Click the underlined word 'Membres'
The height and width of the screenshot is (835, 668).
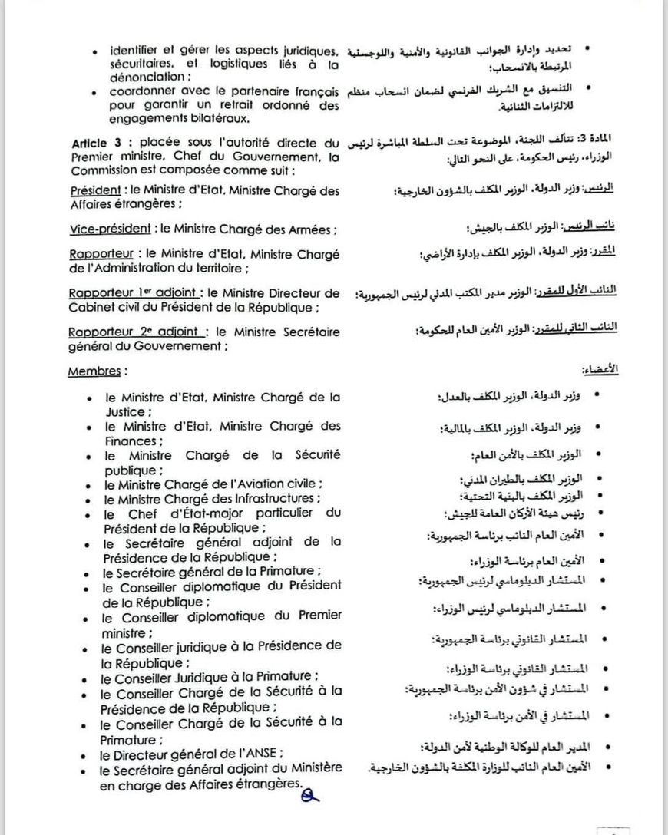pos(94,371)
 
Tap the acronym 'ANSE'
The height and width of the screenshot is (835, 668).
pos(261,754)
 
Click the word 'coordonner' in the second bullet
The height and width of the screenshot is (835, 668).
pos(142,91)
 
